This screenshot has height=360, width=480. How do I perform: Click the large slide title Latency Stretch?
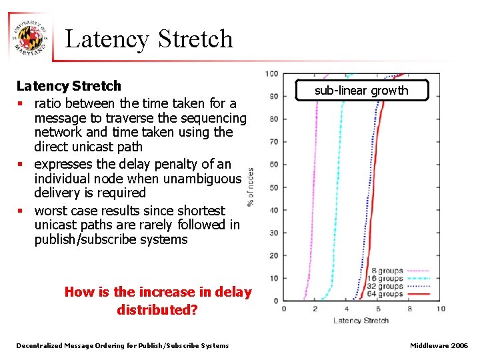[149, 39]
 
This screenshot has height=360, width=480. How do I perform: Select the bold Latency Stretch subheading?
[69, 86]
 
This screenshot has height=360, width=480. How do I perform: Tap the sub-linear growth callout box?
[361, 91]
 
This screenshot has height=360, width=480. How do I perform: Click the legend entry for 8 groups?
[387, 271]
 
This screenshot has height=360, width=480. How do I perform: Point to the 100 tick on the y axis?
[272, 74]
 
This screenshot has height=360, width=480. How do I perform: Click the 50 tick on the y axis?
[273, 187]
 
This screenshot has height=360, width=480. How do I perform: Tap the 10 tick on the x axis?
[441, 309]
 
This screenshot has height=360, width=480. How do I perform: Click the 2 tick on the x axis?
[315, 309]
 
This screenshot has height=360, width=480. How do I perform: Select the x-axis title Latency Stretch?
[361, 321]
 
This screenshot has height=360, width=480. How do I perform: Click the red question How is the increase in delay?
[158, 292]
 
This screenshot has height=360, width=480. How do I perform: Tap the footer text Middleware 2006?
[439, 345]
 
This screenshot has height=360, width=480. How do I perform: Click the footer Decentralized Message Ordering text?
[123, 345]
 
